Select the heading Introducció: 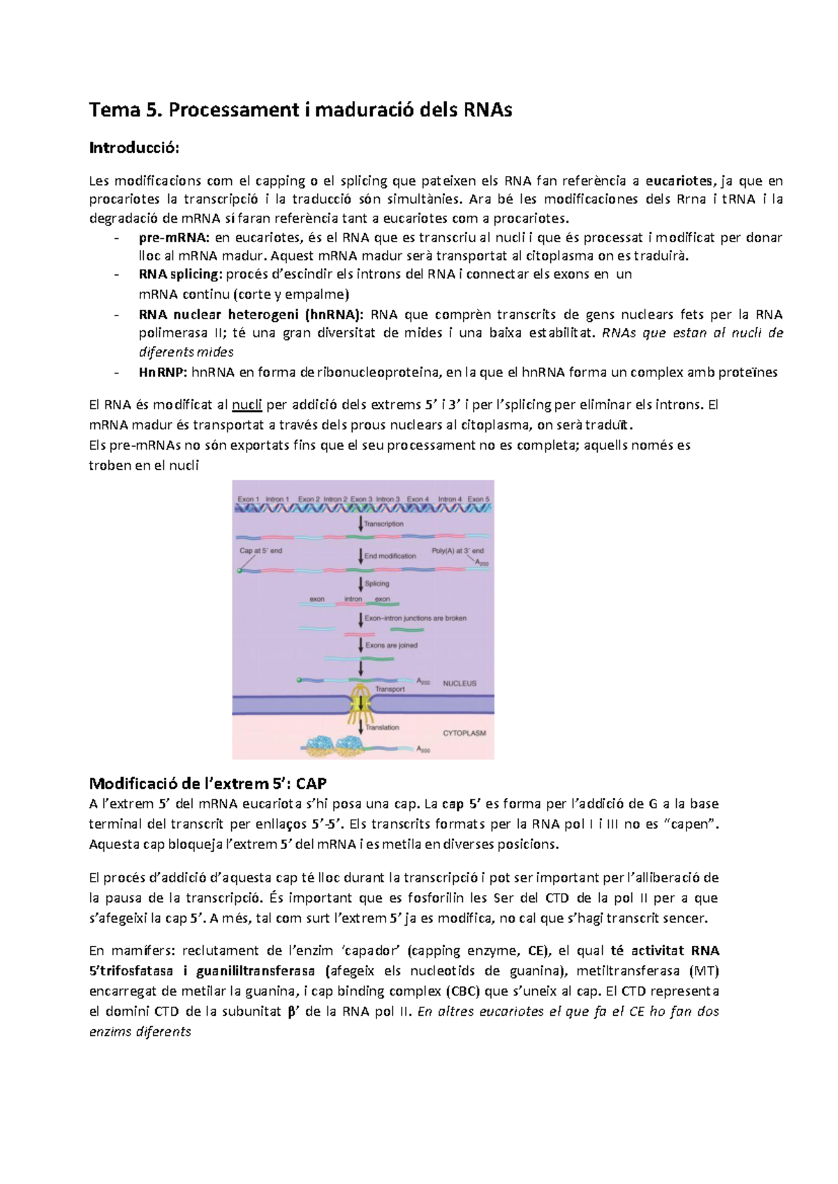(x=134, y=148)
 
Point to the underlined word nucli (x=247, y=405)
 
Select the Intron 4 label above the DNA (x=450, y=499)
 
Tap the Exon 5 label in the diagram (x=479, y=499)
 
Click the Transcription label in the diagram (x=383, y=524)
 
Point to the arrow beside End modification (x=360, y=556)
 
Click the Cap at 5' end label (x=260, y=551)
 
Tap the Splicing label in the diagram (x=376, y=584)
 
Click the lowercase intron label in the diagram (x=353, y=599)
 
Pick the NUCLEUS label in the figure (x=460, y=683)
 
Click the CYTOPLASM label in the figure (x=464, y=733)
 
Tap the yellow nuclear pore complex (x=360, y=705)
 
